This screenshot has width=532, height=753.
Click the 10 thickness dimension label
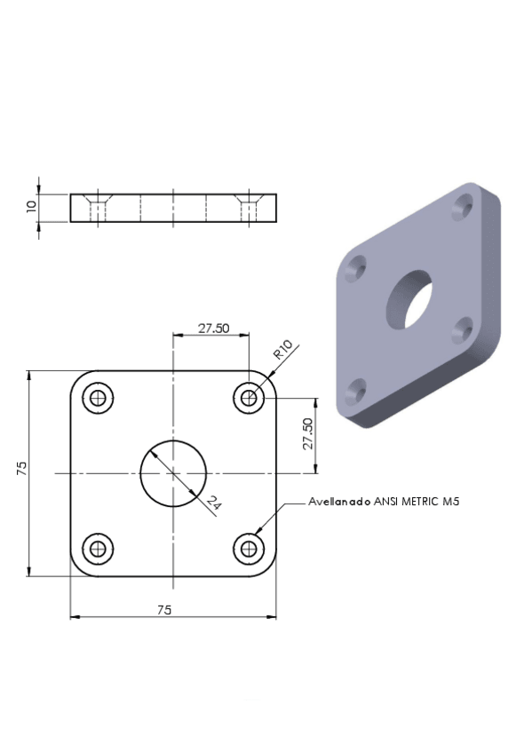tap(32, 207)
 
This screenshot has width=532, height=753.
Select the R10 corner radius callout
tap(283, 349)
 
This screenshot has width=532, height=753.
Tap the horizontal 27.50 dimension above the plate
tap(214, 329)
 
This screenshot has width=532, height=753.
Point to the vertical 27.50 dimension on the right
tap(308, 433)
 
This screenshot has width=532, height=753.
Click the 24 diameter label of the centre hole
tap(214, 503)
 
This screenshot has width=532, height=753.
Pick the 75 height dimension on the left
tap(21, 468)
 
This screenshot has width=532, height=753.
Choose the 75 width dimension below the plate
tap(164, 610)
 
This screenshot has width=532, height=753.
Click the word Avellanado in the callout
tap(339, 502)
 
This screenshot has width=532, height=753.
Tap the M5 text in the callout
tap(451, 502)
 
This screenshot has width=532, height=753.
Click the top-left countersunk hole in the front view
tap(98, 398)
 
